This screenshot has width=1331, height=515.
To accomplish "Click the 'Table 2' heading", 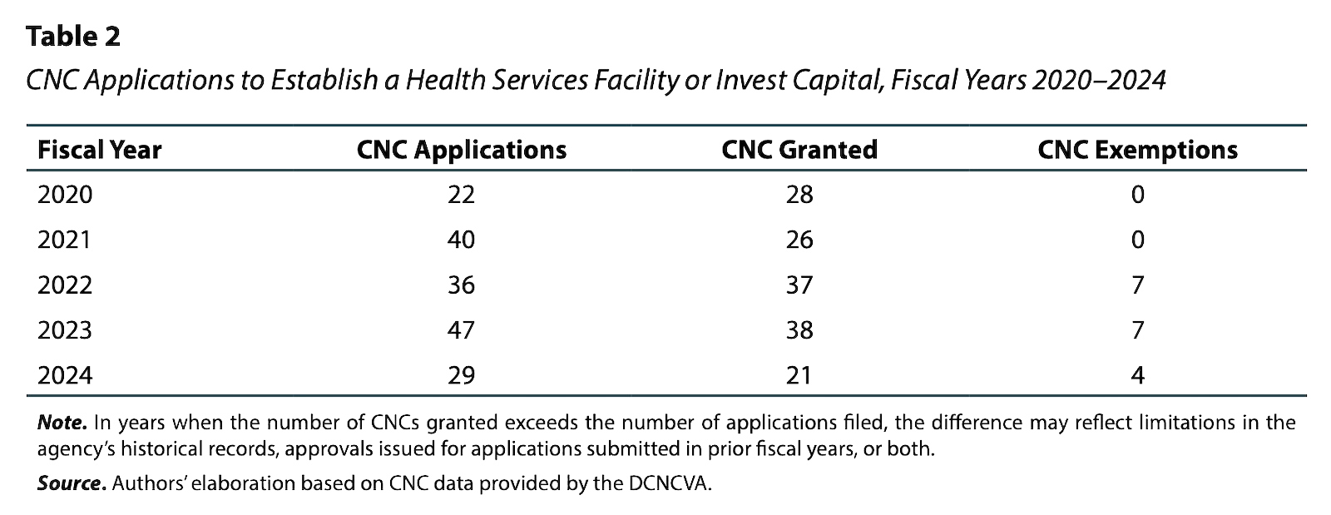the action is point(73,37).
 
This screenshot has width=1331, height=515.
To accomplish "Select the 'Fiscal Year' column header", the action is point(99,150).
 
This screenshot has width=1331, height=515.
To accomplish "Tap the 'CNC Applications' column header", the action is point(461,150).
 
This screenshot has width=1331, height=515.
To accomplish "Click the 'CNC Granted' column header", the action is point(799,150).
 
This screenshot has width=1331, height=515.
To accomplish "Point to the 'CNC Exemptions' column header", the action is point(1137,150).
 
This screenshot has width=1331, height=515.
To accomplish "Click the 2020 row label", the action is point(65,195).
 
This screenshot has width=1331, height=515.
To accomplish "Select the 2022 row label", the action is point(65,285).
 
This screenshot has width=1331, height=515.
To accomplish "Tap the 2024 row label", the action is point(65,375).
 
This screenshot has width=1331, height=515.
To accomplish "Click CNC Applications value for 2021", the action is point(461,240).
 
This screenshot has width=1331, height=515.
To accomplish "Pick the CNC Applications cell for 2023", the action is point(461,330).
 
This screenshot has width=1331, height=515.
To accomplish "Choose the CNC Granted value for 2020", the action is point(799,195).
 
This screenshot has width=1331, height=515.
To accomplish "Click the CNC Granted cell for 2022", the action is point(799,285).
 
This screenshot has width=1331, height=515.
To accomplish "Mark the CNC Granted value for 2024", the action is point(798,375).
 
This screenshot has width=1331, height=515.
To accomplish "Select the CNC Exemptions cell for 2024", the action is point(1137,375).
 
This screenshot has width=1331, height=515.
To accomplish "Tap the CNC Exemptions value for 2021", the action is point(1137,240).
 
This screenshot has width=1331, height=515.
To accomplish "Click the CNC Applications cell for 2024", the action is point(461,375).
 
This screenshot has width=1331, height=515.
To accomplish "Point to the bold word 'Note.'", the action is point(62,423).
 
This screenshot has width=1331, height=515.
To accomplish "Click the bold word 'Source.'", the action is point(72,483).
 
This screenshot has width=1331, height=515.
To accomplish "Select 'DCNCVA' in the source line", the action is point(670,483).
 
